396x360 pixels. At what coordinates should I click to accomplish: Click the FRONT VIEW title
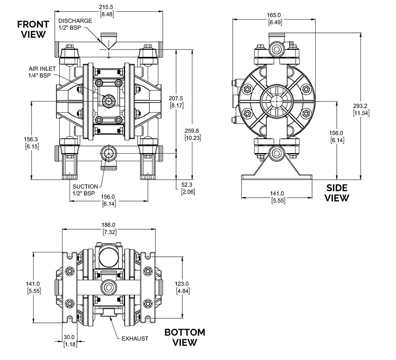tap(33, 29)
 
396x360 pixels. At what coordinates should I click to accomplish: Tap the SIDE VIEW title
tap(337, 193)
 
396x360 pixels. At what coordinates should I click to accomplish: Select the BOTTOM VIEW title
tap(185, 337)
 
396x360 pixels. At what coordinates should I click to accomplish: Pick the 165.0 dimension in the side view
tap(274, 15)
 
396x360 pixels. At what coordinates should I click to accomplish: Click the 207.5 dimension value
tap(176, 98)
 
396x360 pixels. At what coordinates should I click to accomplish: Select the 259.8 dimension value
tap(192, 131)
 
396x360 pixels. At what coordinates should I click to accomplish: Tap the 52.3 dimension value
tap(187, 185)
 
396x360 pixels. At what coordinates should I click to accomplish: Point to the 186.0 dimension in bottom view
tap(109, 224)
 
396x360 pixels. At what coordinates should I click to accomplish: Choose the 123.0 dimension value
tap(182, 284)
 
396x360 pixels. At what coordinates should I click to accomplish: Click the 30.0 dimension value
tap(69, 337)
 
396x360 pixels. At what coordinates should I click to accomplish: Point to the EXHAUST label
tap(135, 338)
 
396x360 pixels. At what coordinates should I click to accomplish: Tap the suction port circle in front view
tap(109, 153)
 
